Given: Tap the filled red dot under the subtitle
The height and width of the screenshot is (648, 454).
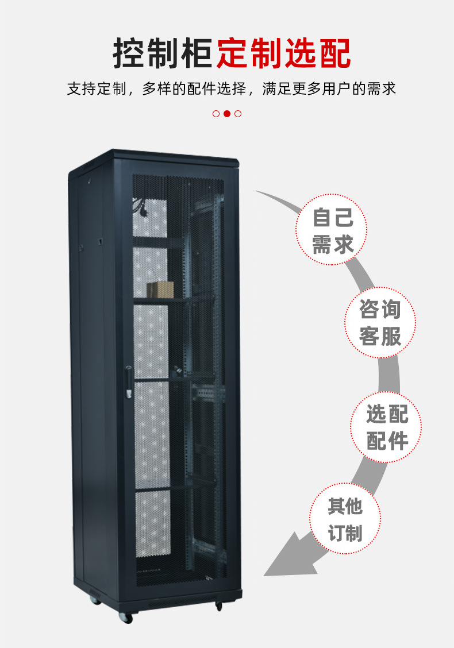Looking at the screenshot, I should point(227,113).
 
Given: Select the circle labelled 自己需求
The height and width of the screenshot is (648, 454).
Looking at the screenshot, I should point(332,230).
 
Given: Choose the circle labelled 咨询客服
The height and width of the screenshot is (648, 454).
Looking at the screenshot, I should point(380,323).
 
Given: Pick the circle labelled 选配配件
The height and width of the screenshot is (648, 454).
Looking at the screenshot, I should point(386,427).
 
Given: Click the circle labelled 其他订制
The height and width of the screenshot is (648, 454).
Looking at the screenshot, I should point(345,519).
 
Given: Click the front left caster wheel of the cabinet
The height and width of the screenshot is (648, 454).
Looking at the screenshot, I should point(126,618).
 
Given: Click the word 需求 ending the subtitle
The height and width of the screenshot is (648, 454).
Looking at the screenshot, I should point(382,89).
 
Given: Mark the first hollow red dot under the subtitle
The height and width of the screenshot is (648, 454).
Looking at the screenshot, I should point(216,113).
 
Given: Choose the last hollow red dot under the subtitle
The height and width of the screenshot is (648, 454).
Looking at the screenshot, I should point(238,113).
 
